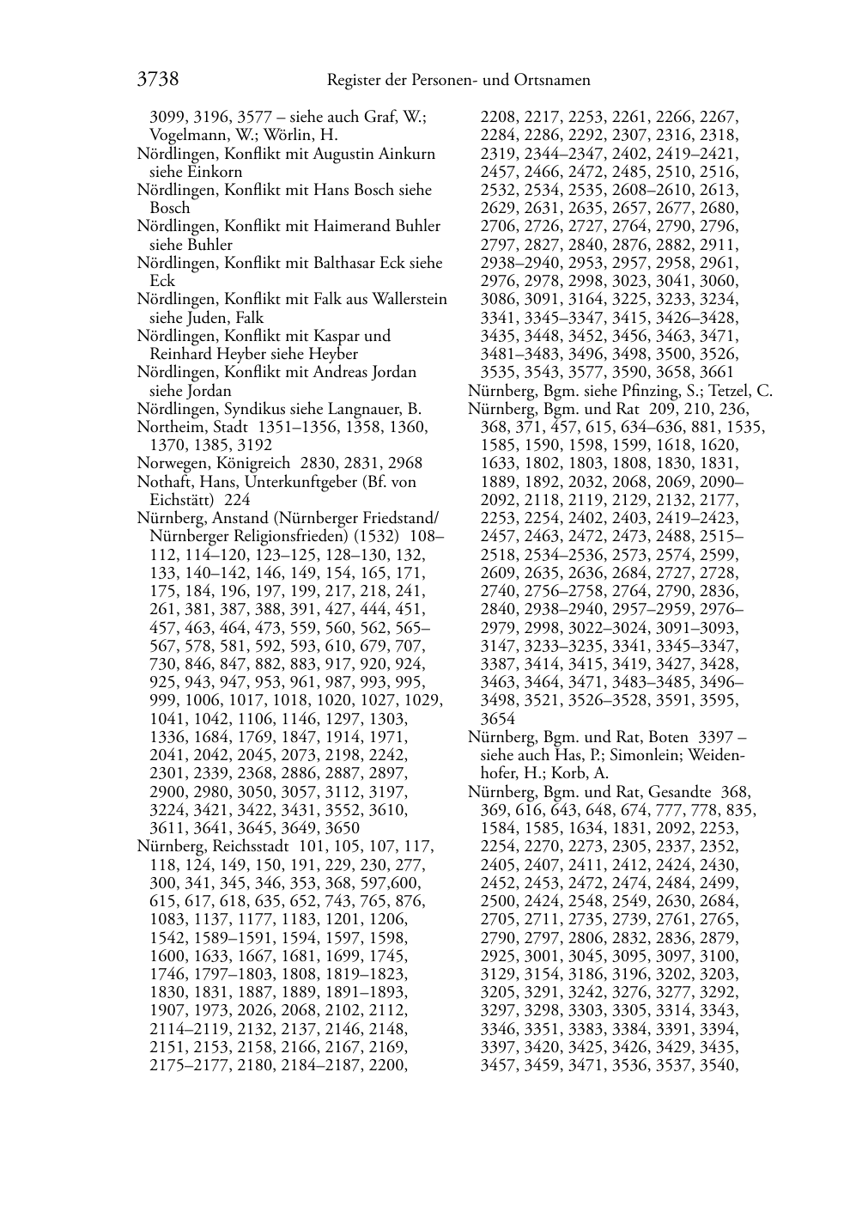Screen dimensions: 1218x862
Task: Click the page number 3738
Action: pos(157,80)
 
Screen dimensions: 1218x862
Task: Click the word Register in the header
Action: pos(355,81)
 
